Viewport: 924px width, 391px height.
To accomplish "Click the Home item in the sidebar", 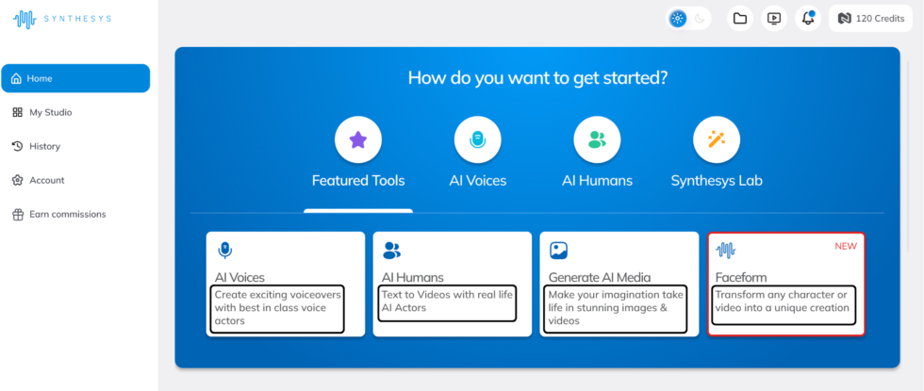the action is (x=75, y=78).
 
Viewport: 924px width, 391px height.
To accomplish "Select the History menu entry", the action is (x=37, y=146).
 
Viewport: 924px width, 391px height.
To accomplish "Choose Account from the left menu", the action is (x=39, y=180).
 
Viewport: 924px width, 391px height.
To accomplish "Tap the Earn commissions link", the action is (x=59, y=215).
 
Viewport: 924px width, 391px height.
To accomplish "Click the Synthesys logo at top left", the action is (x=62, y=19).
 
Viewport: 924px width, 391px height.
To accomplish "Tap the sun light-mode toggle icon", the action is (x=678, y=18).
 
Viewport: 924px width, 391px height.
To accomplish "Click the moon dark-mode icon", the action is (x=700, y=18).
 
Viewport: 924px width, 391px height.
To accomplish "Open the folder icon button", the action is (x=739, y=18).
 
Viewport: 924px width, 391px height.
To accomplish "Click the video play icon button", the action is (x=774, y=18).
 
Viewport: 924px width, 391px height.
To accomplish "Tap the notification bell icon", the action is (x=808, y=18).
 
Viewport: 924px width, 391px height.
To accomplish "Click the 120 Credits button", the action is (x=870, y=18).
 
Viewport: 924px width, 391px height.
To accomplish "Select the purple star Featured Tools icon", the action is (x=358, y=140).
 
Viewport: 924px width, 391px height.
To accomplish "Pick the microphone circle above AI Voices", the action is (x=478, y=140).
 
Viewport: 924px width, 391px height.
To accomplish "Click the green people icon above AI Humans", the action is (x=597, y=140).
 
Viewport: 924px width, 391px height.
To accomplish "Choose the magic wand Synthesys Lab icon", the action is (x=717, y=140).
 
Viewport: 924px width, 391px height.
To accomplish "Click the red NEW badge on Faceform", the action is (x=846, y=246).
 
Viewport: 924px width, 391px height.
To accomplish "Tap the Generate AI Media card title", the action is (x=600, y=277).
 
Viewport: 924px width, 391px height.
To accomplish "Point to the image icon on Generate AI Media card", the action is (x=558, y=251).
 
